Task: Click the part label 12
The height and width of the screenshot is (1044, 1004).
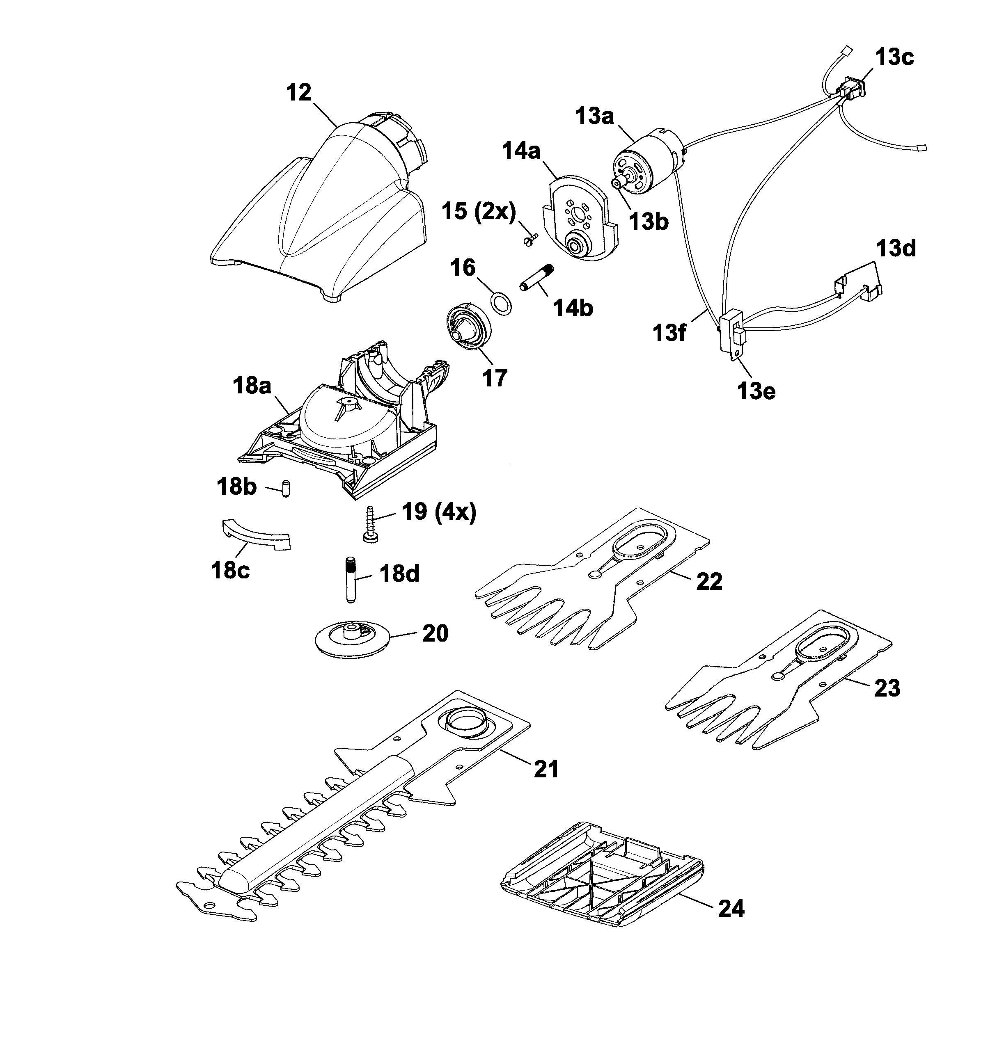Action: click(x=298, y=93)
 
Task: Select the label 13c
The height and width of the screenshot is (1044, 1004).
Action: click(x=895, y=57)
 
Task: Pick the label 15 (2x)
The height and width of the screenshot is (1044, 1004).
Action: click(x=479, y=212)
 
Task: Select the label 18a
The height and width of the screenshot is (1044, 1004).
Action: click(x=252, y=385)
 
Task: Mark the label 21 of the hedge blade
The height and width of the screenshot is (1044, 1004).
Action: click(x=546, y=769)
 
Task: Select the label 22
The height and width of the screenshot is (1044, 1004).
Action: click(x=709, y=581)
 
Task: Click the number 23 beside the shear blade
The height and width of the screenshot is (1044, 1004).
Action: click(x=887, y=688)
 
